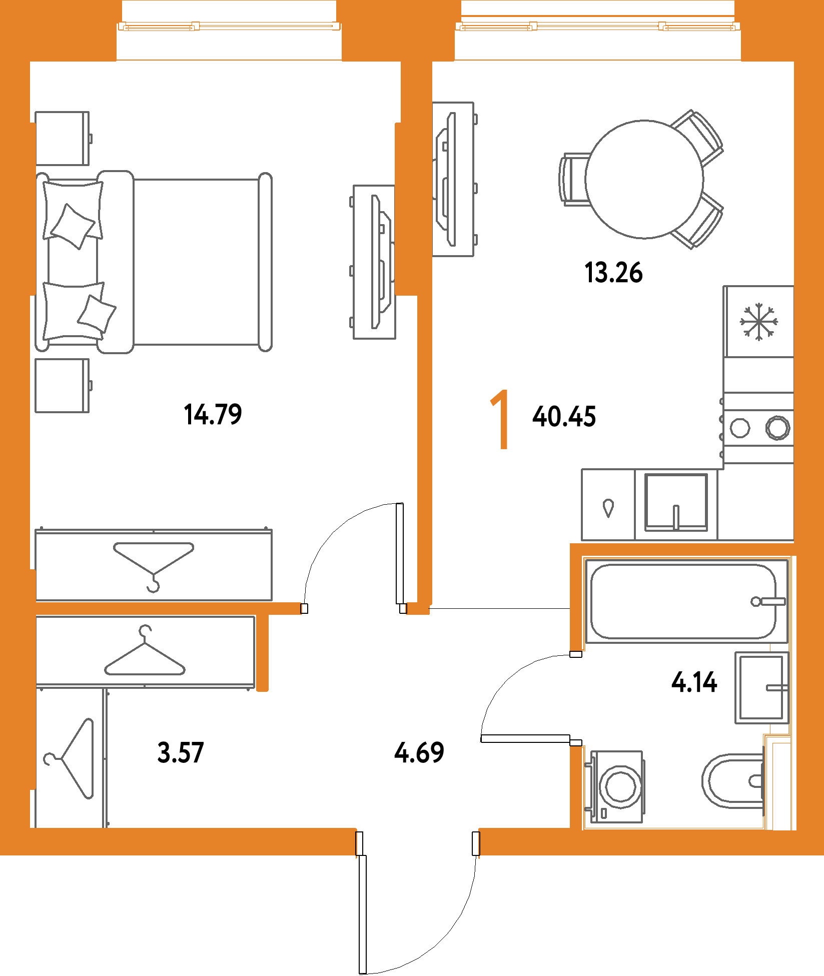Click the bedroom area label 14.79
[x=213, y=415]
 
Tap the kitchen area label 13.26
[x=613, y=273]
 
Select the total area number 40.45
[x=564, y=417]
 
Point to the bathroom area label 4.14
[x=694, y=682]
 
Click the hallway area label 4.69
[x=419, y=752]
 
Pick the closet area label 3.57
[x=181, y=752]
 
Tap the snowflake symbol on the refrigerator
[x=759, y=322]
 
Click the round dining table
[x=644, y=179]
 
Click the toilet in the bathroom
[x=733, y=781]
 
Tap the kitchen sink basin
[x=676, y=502]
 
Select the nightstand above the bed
[x=63, y=139]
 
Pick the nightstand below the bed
[x=63, y=386]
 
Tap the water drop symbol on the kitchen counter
[x=608, y=508]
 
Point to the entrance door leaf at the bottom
[x=363, y=914]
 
